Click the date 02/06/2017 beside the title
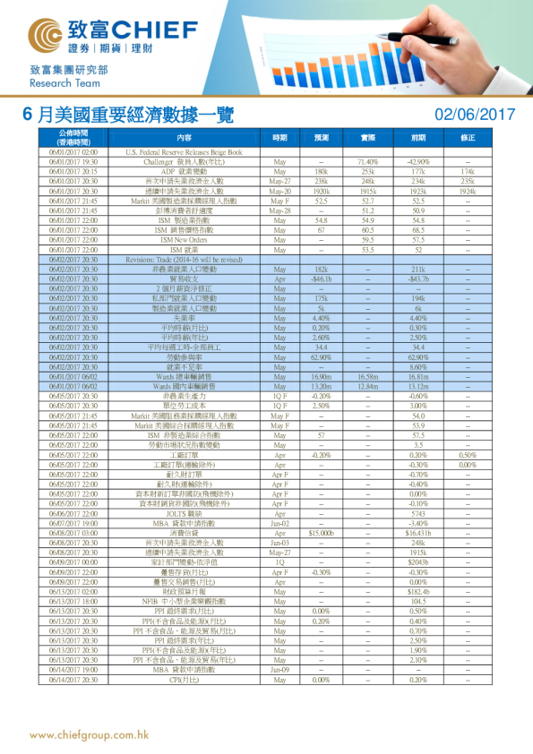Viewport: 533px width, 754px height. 475,115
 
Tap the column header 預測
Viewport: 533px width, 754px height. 321,138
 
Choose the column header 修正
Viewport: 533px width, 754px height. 468,138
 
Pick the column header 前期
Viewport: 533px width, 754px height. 417,138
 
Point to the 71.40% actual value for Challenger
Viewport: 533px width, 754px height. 367,162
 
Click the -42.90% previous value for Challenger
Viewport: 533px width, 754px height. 417,162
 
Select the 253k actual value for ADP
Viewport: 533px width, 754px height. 367,170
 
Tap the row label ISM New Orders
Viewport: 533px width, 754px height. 184,240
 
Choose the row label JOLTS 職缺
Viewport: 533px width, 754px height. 184,514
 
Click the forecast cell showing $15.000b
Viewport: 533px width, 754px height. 321,532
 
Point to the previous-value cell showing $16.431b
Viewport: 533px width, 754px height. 417,532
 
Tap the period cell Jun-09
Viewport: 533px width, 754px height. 279,669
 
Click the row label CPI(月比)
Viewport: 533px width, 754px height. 184,678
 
